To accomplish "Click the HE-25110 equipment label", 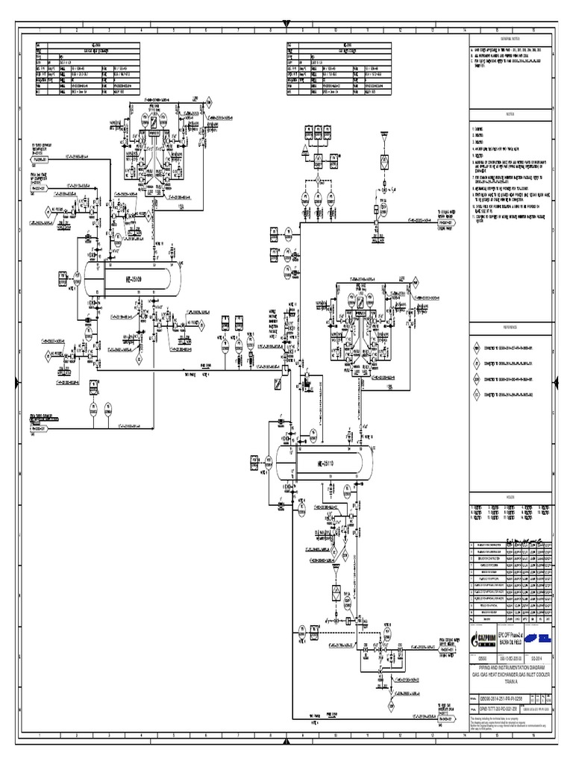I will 319,466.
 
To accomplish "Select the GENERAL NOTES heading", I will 510,36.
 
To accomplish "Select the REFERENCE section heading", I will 510,326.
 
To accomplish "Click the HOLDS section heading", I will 510,495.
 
